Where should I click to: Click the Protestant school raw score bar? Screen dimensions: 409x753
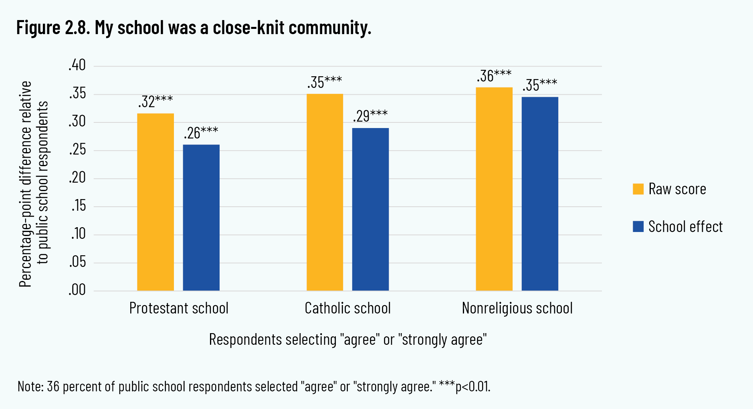tap(155, 202)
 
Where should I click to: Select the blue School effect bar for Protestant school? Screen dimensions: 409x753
tap(201, 218)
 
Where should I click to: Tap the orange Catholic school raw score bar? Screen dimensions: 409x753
tap(325, 192)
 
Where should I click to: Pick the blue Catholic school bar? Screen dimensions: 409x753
tap(370, 209)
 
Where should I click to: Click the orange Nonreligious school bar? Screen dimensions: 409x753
tap(494, 189)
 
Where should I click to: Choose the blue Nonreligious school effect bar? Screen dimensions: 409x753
tap(540, 194)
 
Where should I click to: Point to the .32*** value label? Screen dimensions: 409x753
tap(155, 102)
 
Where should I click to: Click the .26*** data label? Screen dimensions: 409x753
tap(201, 133)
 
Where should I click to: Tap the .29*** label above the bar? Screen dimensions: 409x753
tap(370, 116)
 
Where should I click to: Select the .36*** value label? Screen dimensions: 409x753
tap(494, 76)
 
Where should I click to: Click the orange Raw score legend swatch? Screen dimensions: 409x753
tap(638, 189)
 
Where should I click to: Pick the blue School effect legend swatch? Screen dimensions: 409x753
tap(638, 227)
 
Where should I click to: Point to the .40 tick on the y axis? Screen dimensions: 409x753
tap(77, 65)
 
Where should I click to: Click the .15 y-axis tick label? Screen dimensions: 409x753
tap(79, 206)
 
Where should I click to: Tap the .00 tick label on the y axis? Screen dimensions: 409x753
tap(77, 290)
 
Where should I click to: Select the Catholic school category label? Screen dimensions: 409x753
tap(347, 308)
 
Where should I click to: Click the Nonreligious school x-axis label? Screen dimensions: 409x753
tap(517, 308)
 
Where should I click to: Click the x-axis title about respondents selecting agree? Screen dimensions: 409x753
tap(348, 340)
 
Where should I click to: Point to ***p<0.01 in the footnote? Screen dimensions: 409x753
tap(464, 387)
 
